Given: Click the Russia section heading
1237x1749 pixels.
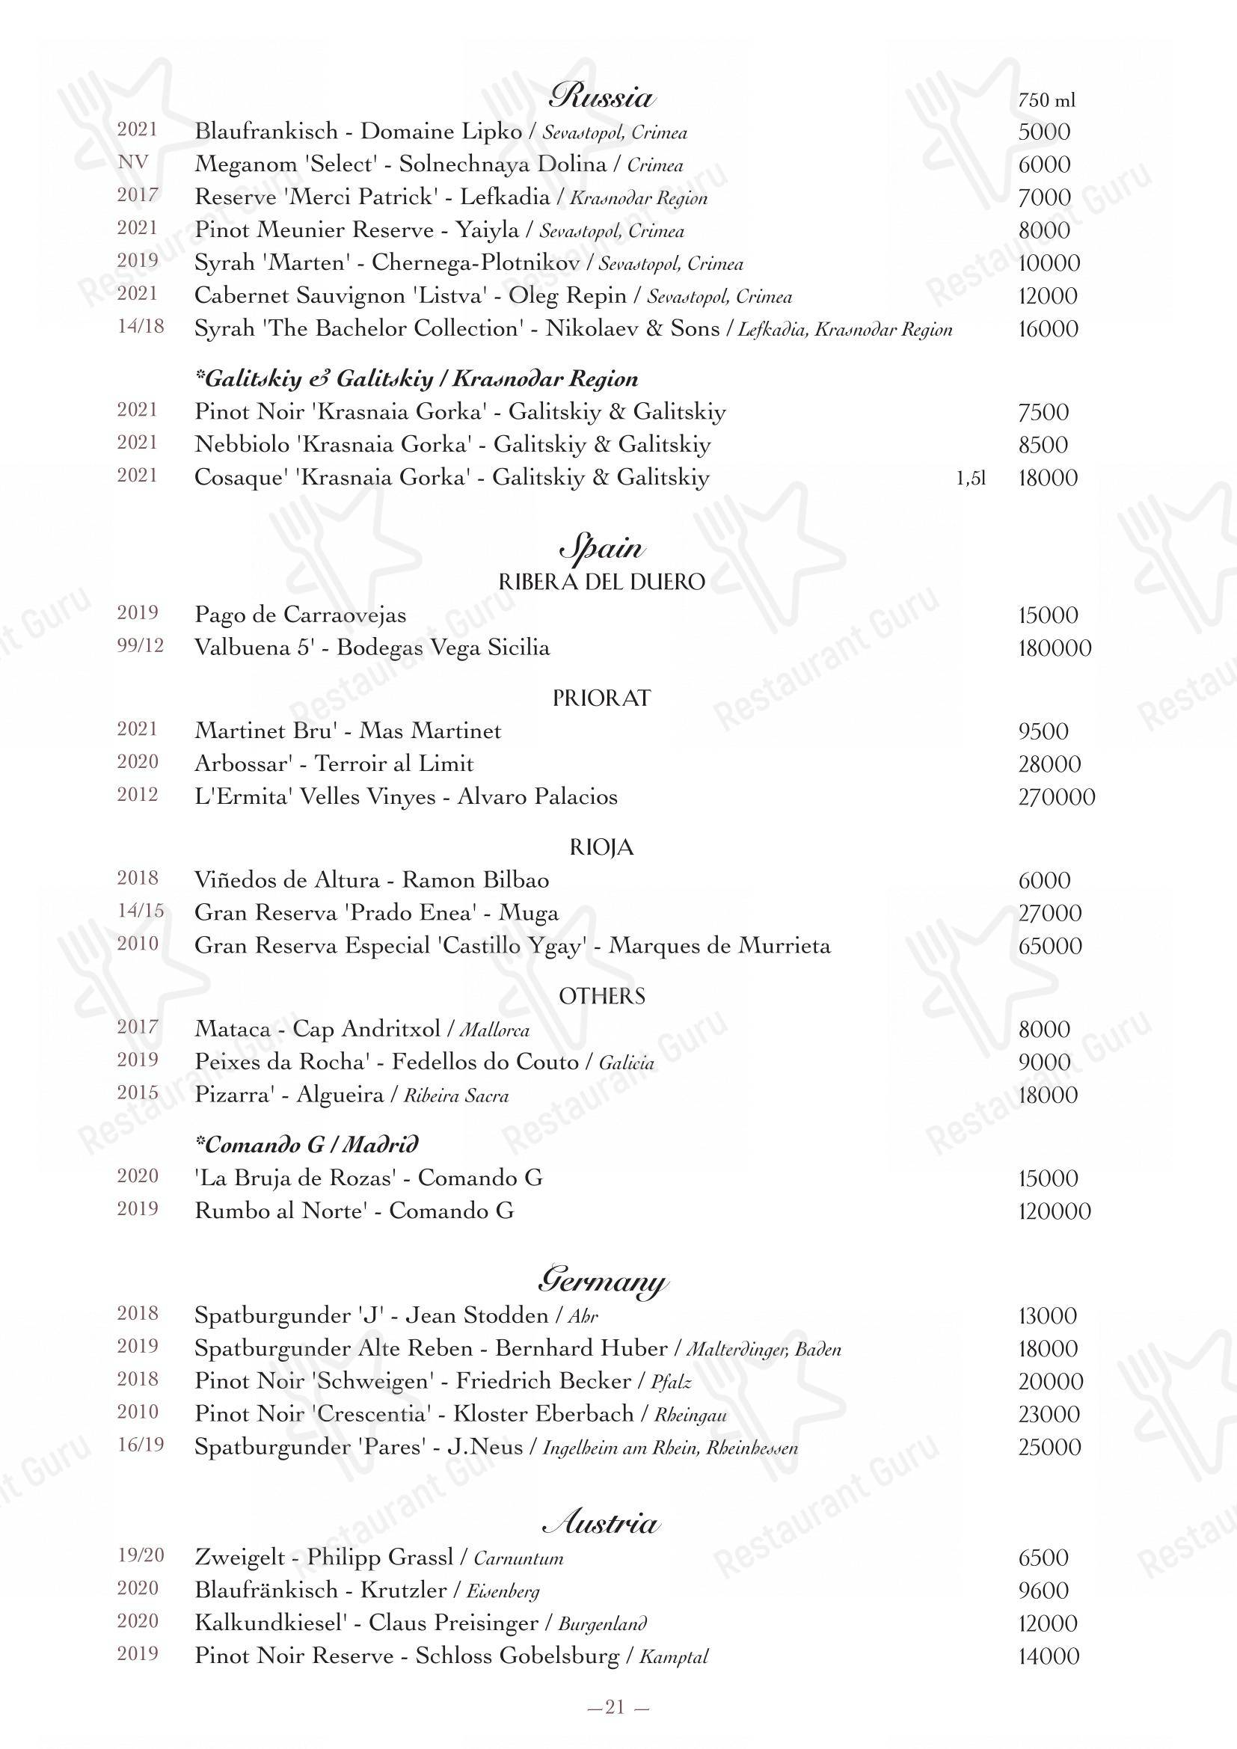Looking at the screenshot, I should pos(602,96).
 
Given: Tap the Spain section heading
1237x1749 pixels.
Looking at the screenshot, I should pos(602,547).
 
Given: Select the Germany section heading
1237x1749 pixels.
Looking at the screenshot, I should pos(602,1279).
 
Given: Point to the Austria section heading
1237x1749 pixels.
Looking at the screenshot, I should pos(601,1522).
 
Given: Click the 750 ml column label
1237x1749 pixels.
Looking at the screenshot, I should pos(1046,99).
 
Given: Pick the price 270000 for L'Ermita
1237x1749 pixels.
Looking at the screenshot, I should pos(1057,798).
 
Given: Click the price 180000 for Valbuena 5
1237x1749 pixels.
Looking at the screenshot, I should pos(1055,648).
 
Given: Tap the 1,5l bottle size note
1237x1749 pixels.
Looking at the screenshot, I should pos(972,479).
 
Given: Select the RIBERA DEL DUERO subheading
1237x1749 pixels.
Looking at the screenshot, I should pos(602,582).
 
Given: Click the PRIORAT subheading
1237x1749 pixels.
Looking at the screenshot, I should pos(602,698).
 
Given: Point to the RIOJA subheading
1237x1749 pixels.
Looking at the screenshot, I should pos(602,847).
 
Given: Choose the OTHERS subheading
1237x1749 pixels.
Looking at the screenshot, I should pos(602,996).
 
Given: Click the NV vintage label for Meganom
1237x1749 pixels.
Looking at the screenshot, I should pos(133,162).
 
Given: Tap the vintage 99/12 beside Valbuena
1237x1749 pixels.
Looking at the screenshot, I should pos(140,647).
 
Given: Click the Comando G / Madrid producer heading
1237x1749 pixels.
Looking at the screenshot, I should pos(307,1145).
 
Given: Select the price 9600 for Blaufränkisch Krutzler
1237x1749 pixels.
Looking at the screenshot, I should pos(1043,1590).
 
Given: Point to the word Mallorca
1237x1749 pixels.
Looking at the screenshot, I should pos(495,1030).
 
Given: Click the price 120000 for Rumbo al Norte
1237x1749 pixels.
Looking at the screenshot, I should pos(1055,1211).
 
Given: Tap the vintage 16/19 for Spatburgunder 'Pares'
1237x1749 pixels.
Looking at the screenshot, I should pos(140,1445).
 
